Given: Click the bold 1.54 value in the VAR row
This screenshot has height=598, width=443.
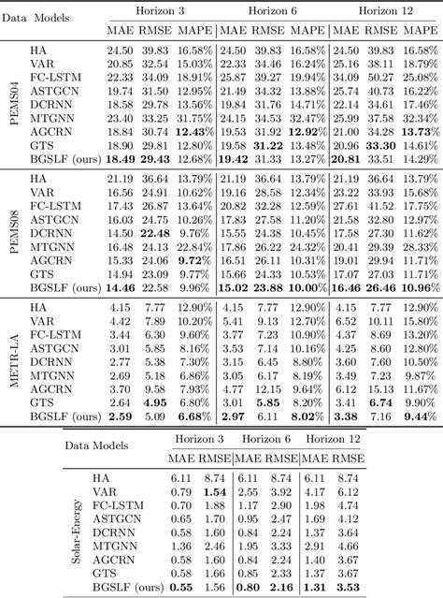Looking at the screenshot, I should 215,491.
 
